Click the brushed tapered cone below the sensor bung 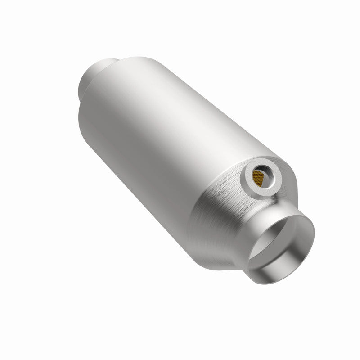click(220, 211)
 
